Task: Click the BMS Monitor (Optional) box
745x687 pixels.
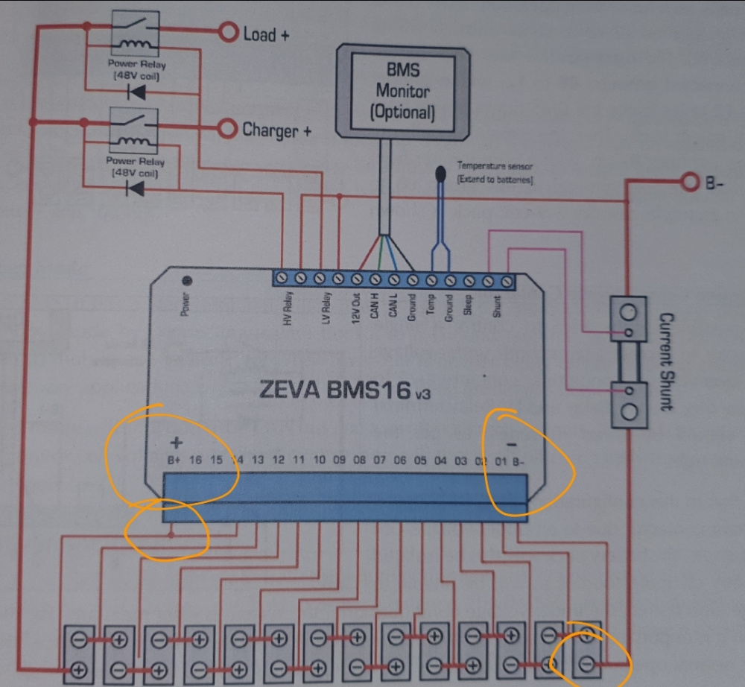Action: (x=403, y=92)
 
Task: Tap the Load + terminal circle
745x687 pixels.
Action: (x=227, y=32)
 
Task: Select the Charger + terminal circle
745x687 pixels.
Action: (x=227, y=129)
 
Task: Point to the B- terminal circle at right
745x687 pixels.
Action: (x=688, y=181)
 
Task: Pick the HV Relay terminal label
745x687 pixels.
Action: (x=288, y=308)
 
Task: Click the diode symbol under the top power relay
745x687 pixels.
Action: (x=136, y=92)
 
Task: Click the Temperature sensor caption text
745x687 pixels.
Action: (x=495, y=173)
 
